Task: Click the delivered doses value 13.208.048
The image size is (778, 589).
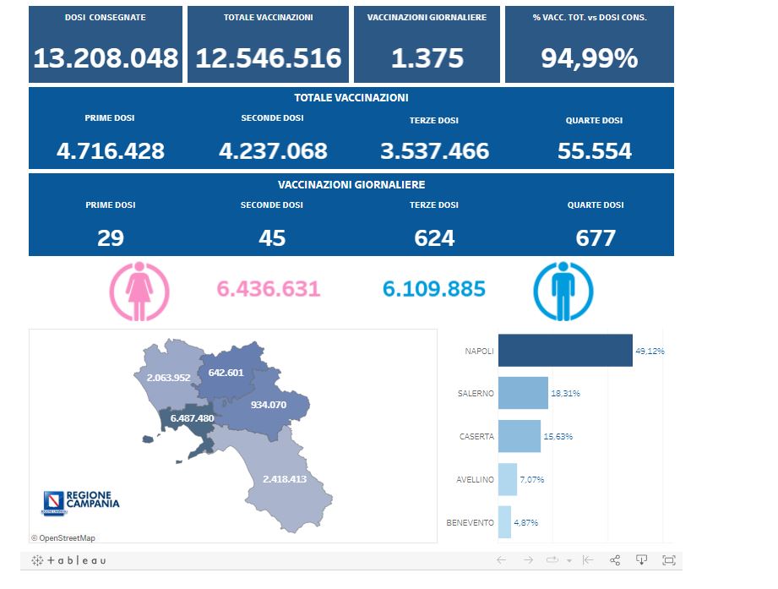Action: point(106,57)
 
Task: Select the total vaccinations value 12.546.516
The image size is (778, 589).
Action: point(268,57)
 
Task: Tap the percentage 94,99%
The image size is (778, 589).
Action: point(589,57)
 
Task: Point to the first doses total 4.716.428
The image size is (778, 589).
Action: point(111,151)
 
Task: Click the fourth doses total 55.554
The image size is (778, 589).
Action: point(595,151)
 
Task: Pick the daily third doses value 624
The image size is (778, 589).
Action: point(434,238)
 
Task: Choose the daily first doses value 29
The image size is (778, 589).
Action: point(111,238)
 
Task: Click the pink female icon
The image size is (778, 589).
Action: point(139,291)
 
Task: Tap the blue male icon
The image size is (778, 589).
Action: point(563,291)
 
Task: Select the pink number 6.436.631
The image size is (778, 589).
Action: point(269,289)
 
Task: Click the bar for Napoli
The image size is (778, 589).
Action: point(564,351)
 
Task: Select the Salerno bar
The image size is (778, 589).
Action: point(523,393)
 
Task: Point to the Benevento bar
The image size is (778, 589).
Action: point(504,522)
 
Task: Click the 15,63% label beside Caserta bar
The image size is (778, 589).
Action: point(558,436)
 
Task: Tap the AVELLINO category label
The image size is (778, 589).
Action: point(475,479)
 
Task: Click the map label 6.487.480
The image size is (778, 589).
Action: point(192,418)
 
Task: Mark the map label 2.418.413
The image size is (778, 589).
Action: point(284,479)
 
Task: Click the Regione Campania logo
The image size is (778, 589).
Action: point(81,502)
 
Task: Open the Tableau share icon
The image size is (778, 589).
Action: point(615,560)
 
